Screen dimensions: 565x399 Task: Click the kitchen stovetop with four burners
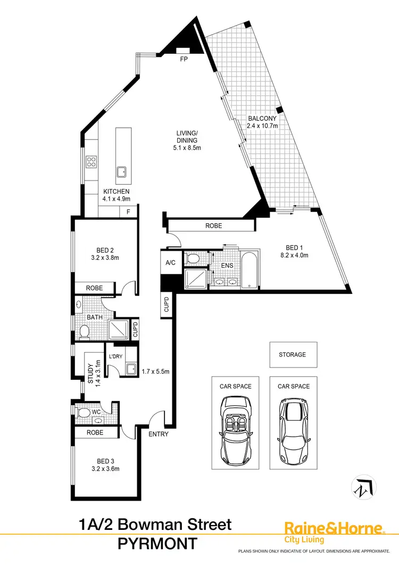pyautogui.click(x=91, y=161)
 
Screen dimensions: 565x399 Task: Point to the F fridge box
pyautogui.click(x=128, y=212)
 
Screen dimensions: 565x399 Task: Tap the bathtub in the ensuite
pyautogui.click(x=249, y=270)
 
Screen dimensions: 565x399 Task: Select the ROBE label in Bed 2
pyautogui.click(x=95, y=288)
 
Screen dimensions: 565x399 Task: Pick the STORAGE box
pyautogui.click(x=293, y=354)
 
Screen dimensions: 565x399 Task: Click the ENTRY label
pyautogui.click(x=159, y=434)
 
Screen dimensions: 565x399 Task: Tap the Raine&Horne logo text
pyautogui.click(x=334, y=528)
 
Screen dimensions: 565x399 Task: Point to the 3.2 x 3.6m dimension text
pyautogui.click(x=105, y=469)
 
